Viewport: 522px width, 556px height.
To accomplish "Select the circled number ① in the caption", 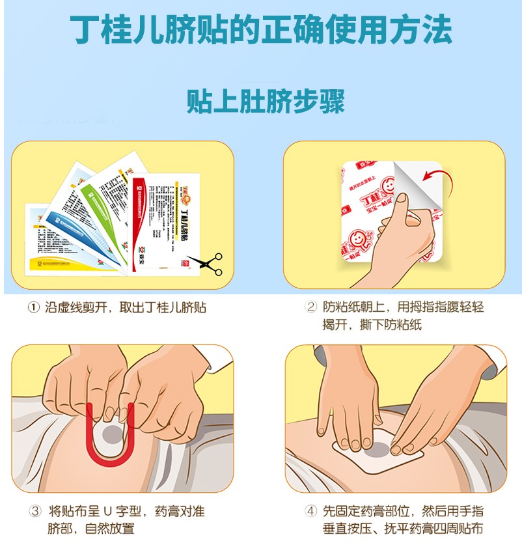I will [34, 307].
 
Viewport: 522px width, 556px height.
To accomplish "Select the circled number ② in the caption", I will [311, 307].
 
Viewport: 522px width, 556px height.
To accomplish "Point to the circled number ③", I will [34, 512].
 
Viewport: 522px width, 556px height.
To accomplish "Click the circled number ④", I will [311, 512].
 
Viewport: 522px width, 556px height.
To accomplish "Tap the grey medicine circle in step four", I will [379, 448].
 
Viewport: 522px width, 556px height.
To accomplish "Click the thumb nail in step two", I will [402, 198].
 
